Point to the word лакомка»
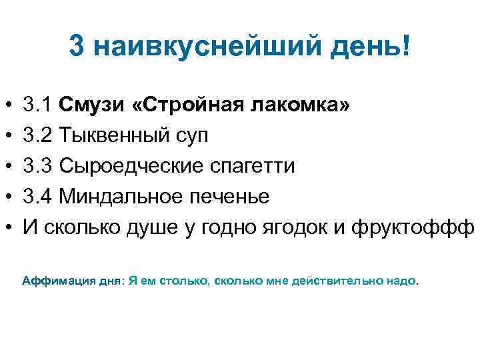[x=293, y=105]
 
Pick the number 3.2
[x=37, y=135]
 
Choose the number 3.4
[x=37, y=196]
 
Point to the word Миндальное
[x=115, y=196]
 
